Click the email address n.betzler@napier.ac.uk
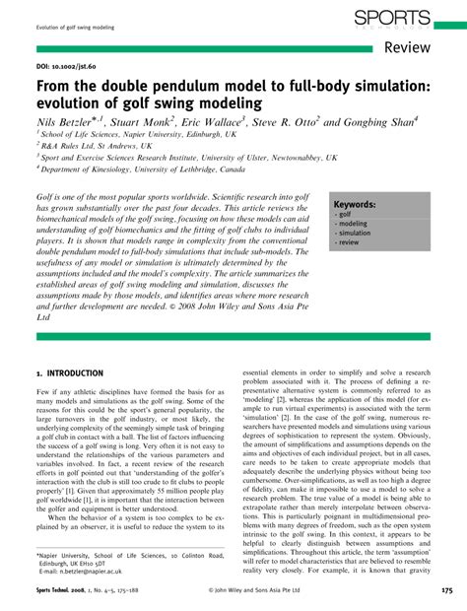90,571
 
